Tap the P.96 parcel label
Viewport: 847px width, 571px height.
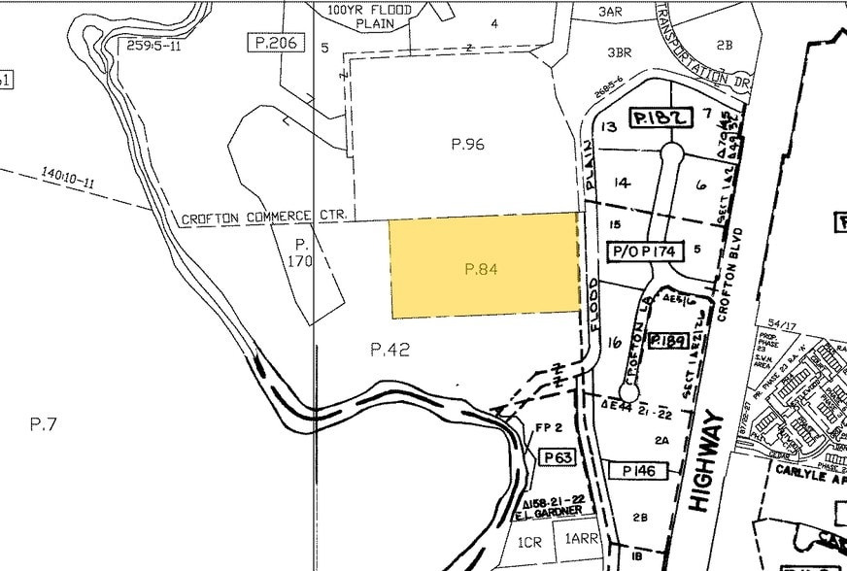467,144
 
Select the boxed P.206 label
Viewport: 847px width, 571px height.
276,43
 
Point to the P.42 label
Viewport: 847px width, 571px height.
390,350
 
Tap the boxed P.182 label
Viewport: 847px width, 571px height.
661,118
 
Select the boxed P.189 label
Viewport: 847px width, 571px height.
668,340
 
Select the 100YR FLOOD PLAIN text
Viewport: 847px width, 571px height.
370,17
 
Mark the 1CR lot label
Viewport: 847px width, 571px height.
529,542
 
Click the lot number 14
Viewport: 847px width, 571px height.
623,182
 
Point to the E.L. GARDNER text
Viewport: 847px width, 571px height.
554,511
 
